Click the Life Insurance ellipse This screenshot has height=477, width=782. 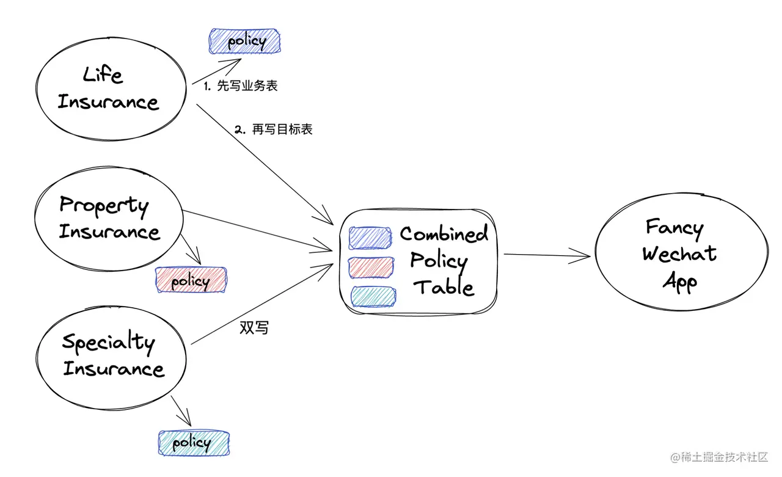pyautogui.click(x=110, y=90)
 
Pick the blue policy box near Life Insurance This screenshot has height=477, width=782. pyautogui.click(x=245, y=42)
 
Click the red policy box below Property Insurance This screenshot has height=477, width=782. pyautogui.click(x=191, y=281)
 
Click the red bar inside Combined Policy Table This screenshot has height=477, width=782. pyautogui.click(x=370, y=268)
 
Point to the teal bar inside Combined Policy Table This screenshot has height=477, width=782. pyautogui.click(x=372, y=296)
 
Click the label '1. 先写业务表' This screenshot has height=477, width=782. pyautogui.click(x=241, y=86)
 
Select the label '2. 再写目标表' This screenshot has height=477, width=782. pyautogui.click(x=274, y=130)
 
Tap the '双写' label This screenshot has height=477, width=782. pyautogui.click(x=254, y=328)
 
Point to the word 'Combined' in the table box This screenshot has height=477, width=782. pyautogui.click(x=444, y=234)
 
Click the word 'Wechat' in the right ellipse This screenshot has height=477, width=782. pyautogui.click(x=679, y=253)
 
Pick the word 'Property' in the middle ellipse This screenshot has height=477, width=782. pyautogui.click(x=104, y=205)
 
